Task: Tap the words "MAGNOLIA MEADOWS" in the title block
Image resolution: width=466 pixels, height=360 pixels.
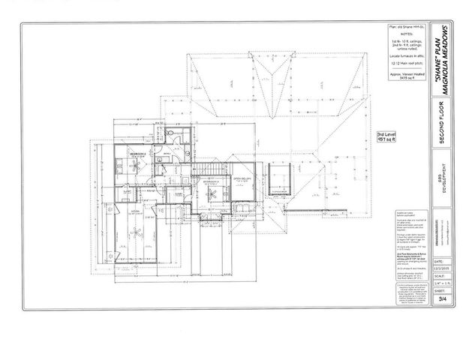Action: click(x=446, y=61)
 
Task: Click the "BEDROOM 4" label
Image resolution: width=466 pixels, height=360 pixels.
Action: click(x=137, y=153)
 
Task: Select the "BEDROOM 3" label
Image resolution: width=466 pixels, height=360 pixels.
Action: click(x=210, y=181)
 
